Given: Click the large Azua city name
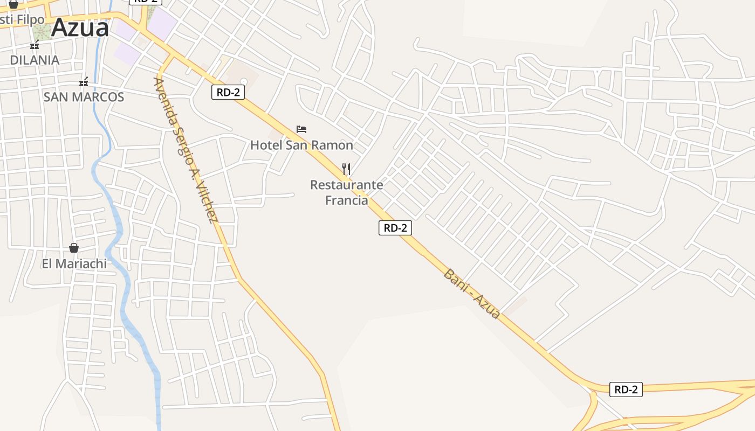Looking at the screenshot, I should click(80, 27).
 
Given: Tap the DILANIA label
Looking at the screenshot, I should click(35, 60).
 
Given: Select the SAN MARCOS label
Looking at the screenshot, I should click(84, 97).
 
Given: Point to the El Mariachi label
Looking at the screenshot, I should click(74, 264).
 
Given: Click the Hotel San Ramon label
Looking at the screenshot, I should click(301, 145).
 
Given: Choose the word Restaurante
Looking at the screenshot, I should click(346, 185).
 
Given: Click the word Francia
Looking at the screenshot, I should click(346, 200).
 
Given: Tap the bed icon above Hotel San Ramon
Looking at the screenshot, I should click(301, 129).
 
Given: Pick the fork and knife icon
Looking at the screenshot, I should click(346, 169).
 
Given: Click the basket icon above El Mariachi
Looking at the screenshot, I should click(74, 248).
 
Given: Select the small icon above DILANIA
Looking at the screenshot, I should click(35, 45).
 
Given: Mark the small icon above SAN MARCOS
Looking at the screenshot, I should click(84, 82).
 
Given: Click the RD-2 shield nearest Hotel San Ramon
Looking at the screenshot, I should click(228, 92).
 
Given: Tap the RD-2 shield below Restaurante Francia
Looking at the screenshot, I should click(395, 228).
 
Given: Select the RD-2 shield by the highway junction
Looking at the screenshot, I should click(626, 389).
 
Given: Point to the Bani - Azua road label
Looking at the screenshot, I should click(471, 294).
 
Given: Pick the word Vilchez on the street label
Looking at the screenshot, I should click(208, 201).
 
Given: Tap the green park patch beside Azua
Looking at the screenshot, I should click(42, 31).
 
